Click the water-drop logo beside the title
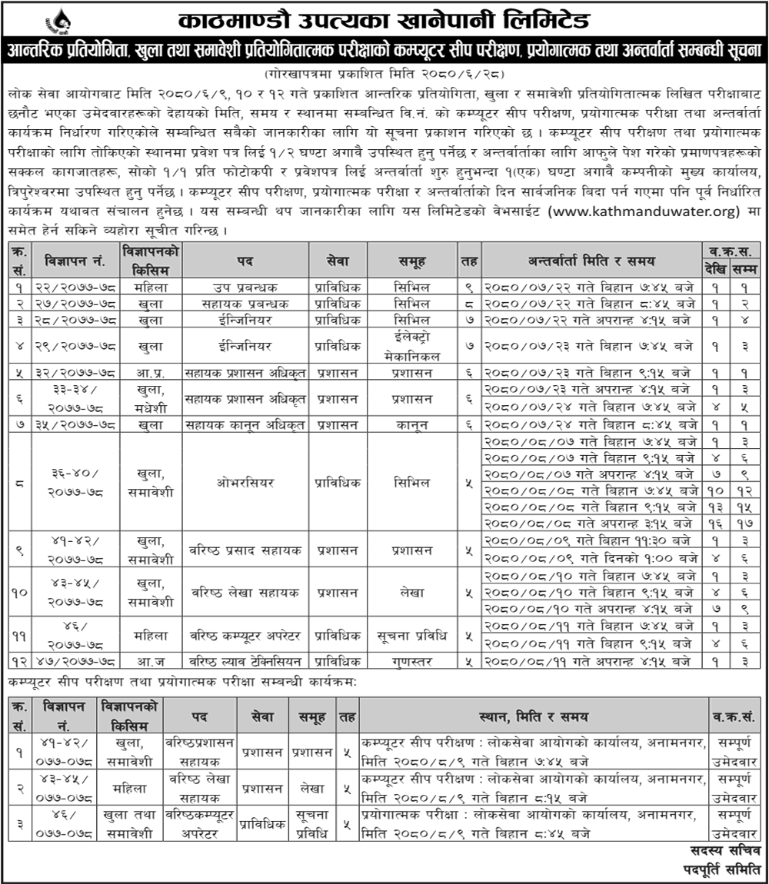tap(56, 21)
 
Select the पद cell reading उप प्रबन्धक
tap(245, 287)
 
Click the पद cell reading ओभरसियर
tap(245, 483)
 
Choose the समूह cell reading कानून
tap(411, 424)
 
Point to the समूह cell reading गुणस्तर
tap(411, 660)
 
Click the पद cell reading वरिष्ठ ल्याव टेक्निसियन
tap(245, 660)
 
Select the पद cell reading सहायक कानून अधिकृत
tap(245, 424)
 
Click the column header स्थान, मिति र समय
tap(532, 716)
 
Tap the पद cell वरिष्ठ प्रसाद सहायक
tap(245, 550)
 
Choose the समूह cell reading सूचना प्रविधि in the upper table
tap(411, 635)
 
